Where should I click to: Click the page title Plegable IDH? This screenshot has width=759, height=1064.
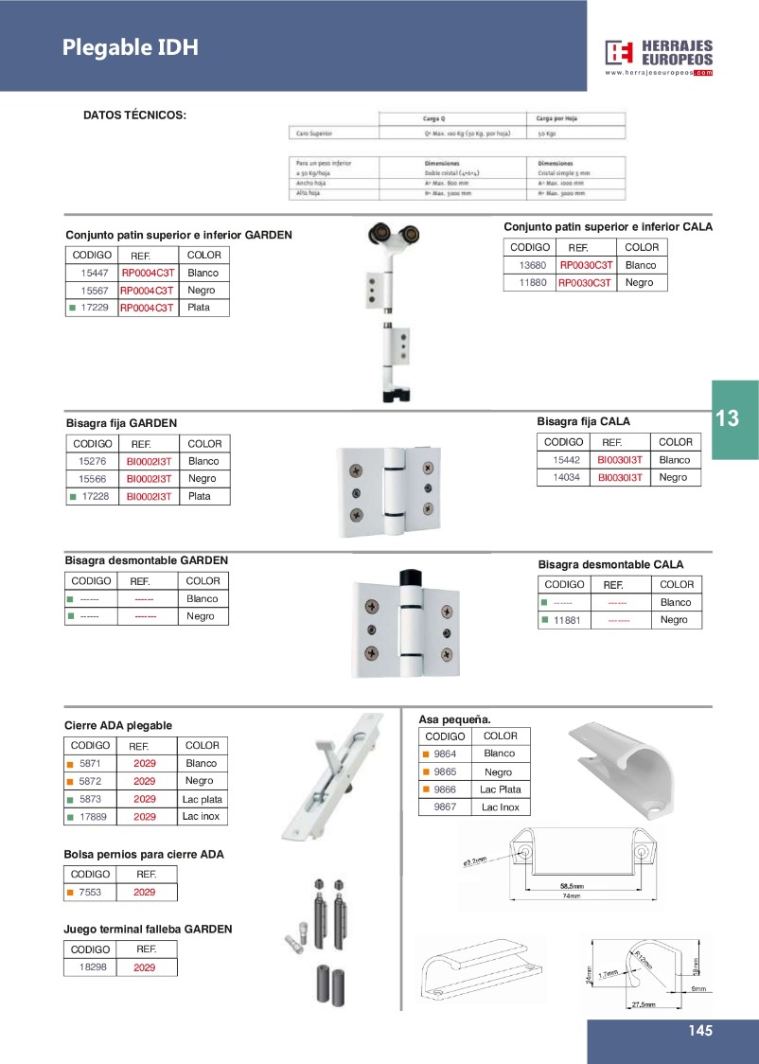[x=131, y=47]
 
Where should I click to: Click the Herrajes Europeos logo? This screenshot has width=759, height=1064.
[x=660, y=58]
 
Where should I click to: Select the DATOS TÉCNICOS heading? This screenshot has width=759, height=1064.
[x=134, y=115]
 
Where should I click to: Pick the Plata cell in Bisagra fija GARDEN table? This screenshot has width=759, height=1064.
[x=200, y=496]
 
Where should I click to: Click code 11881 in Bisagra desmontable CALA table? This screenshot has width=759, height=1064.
[x=567, y=620]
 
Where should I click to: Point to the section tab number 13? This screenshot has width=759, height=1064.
[x=728, y=418]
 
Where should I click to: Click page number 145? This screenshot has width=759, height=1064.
[x=700, y=1031]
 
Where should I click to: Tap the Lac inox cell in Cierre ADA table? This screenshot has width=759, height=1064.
[x=202, y=816]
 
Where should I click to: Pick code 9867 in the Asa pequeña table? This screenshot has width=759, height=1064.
[x=445, y=807]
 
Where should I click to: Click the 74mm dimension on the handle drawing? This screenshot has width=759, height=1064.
[x=569, y=896]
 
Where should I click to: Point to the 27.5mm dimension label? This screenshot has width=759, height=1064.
[x=643, y=1004]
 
